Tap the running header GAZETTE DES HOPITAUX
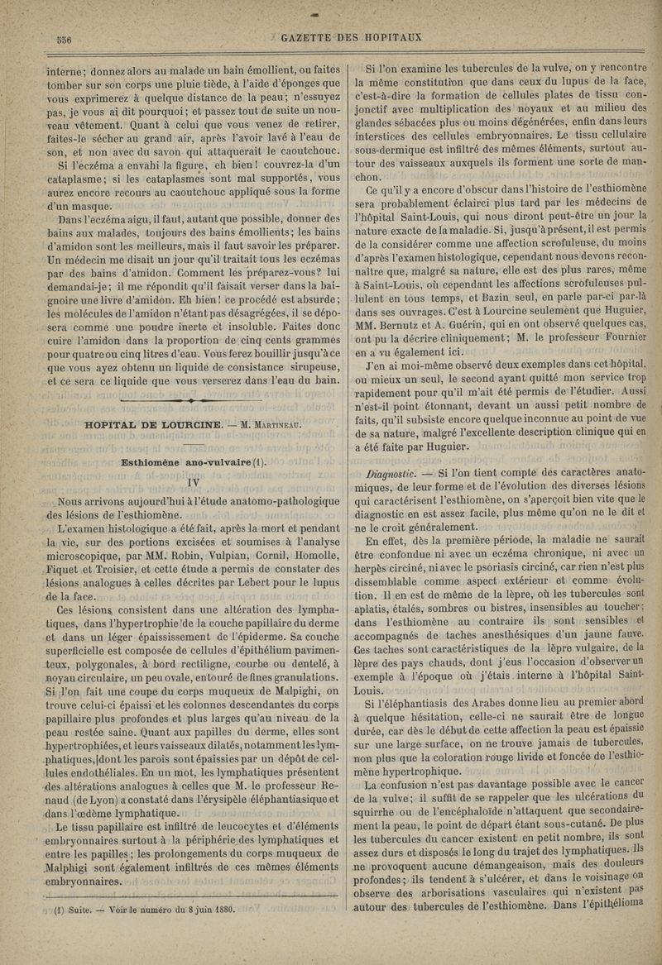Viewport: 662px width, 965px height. tap(353, 37)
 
